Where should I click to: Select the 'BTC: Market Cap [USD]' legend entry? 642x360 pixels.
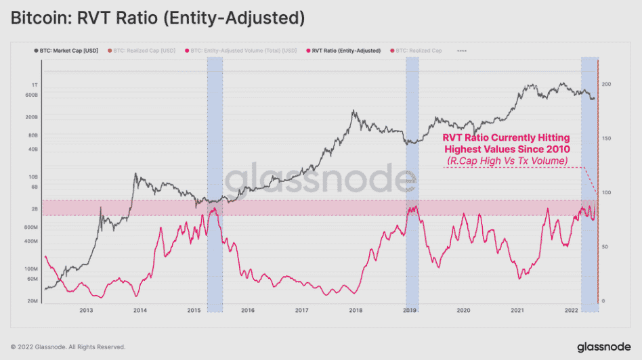(x=70, y=50)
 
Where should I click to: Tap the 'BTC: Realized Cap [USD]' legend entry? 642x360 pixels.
(x=144, y=50)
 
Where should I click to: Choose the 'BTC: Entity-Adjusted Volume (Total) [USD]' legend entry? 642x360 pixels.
(x=243, y=50)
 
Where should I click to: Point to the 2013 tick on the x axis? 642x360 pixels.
(x=86, y=311)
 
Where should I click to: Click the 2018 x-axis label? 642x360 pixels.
(x=356, y=311)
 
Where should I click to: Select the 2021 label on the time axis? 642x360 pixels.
(x=517, y=311)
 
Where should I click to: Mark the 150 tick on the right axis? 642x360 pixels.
(x=607, y=139)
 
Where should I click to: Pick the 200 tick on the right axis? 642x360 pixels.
(x=607, y=85)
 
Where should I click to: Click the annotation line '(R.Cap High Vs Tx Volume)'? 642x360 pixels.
(x=507, y=160)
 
